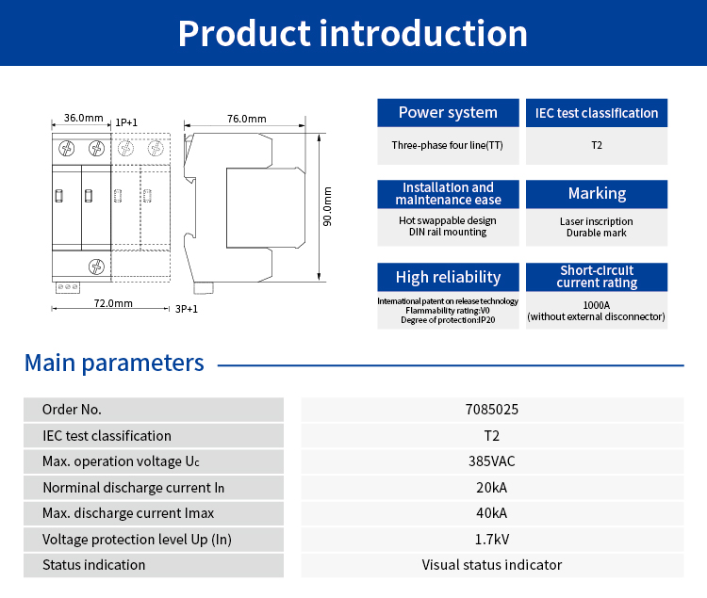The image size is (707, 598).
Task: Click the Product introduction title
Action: coord(353,33)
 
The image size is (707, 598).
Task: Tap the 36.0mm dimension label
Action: coord(83,118)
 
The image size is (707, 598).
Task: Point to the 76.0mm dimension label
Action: coord(247,119)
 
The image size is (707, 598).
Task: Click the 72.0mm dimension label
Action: coord(113,303)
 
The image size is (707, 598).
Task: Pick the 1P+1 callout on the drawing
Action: coord(126,122)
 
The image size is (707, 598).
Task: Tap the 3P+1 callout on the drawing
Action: coord(187,308)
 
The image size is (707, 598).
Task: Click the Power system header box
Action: coord(448,113)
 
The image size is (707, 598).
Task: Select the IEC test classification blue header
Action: coord(597,113)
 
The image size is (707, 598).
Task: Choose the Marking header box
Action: coord(597,194)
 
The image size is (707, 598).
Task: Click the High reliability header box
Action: coord(448,277)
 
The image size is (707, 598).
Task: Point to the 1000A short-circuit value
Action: coord(597,305)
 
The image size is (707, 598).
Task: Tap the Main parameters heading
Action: coord(114,363)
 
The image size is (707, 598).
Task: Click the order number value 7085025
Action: coord(492,410)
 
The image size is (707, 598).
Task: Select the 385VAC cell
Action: coord(492,461)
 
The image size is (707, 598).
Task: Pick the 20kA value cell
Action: coord(492,488)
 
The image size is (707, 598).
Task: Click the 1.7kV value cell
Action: coord(492,540)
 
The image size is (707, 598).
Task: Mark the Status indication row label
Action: coord(94,565)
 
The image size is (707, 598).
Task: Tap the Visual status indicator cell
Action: coord(492,565)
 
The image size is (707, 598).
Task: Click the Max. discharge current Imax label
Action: coord(128,513)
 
